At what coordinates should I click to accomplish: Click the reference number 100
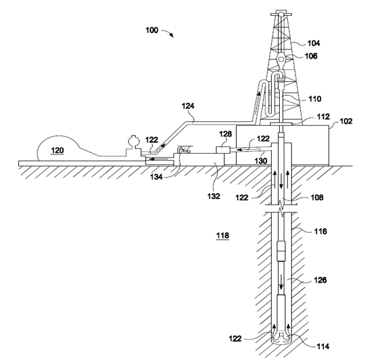(x=152, y=30)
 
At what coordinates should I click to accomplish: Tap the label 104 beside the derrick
(x=313, y=44)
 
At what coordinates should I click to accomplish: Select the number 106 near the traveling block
(x=311, y=56)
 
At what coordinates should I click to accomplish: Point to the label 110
(x=315, y=99)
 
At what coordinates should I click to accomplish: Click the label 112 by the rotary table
(x=323, y=117)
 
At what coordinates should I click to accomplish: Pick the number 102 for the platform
(x=346, y=121)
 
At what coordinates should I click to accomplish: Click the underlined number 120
(x=57, y=150)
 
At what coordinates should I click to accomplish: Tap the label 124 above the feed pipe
(x=188, y=106)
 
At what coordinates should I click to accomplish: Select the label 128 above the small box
(x=226, y=134)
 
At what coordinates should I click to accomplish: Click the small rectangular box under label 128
(x=223, y=150)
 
